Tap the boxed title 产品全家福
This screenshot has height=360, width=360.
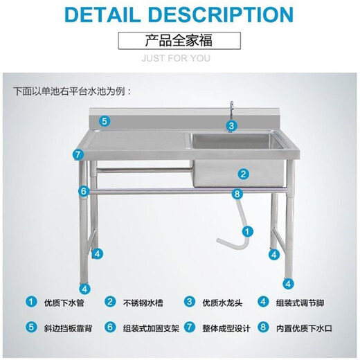(x=179, y=41)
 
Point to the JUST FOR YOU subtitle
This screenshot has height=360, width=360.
(x=179, y=58)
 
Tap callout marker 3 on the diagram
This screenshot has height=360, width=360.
(x=232, y=126)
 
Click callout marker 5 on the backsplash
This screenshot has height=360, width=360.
(x=105, y=121)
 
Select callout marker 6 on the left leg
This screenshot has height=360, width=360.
(x=83, y=190)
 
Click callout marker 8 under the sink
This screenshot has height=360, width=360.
(x=237, y=194)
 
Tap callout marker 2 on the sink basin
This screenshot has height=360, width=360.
(x=244, y=173)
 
